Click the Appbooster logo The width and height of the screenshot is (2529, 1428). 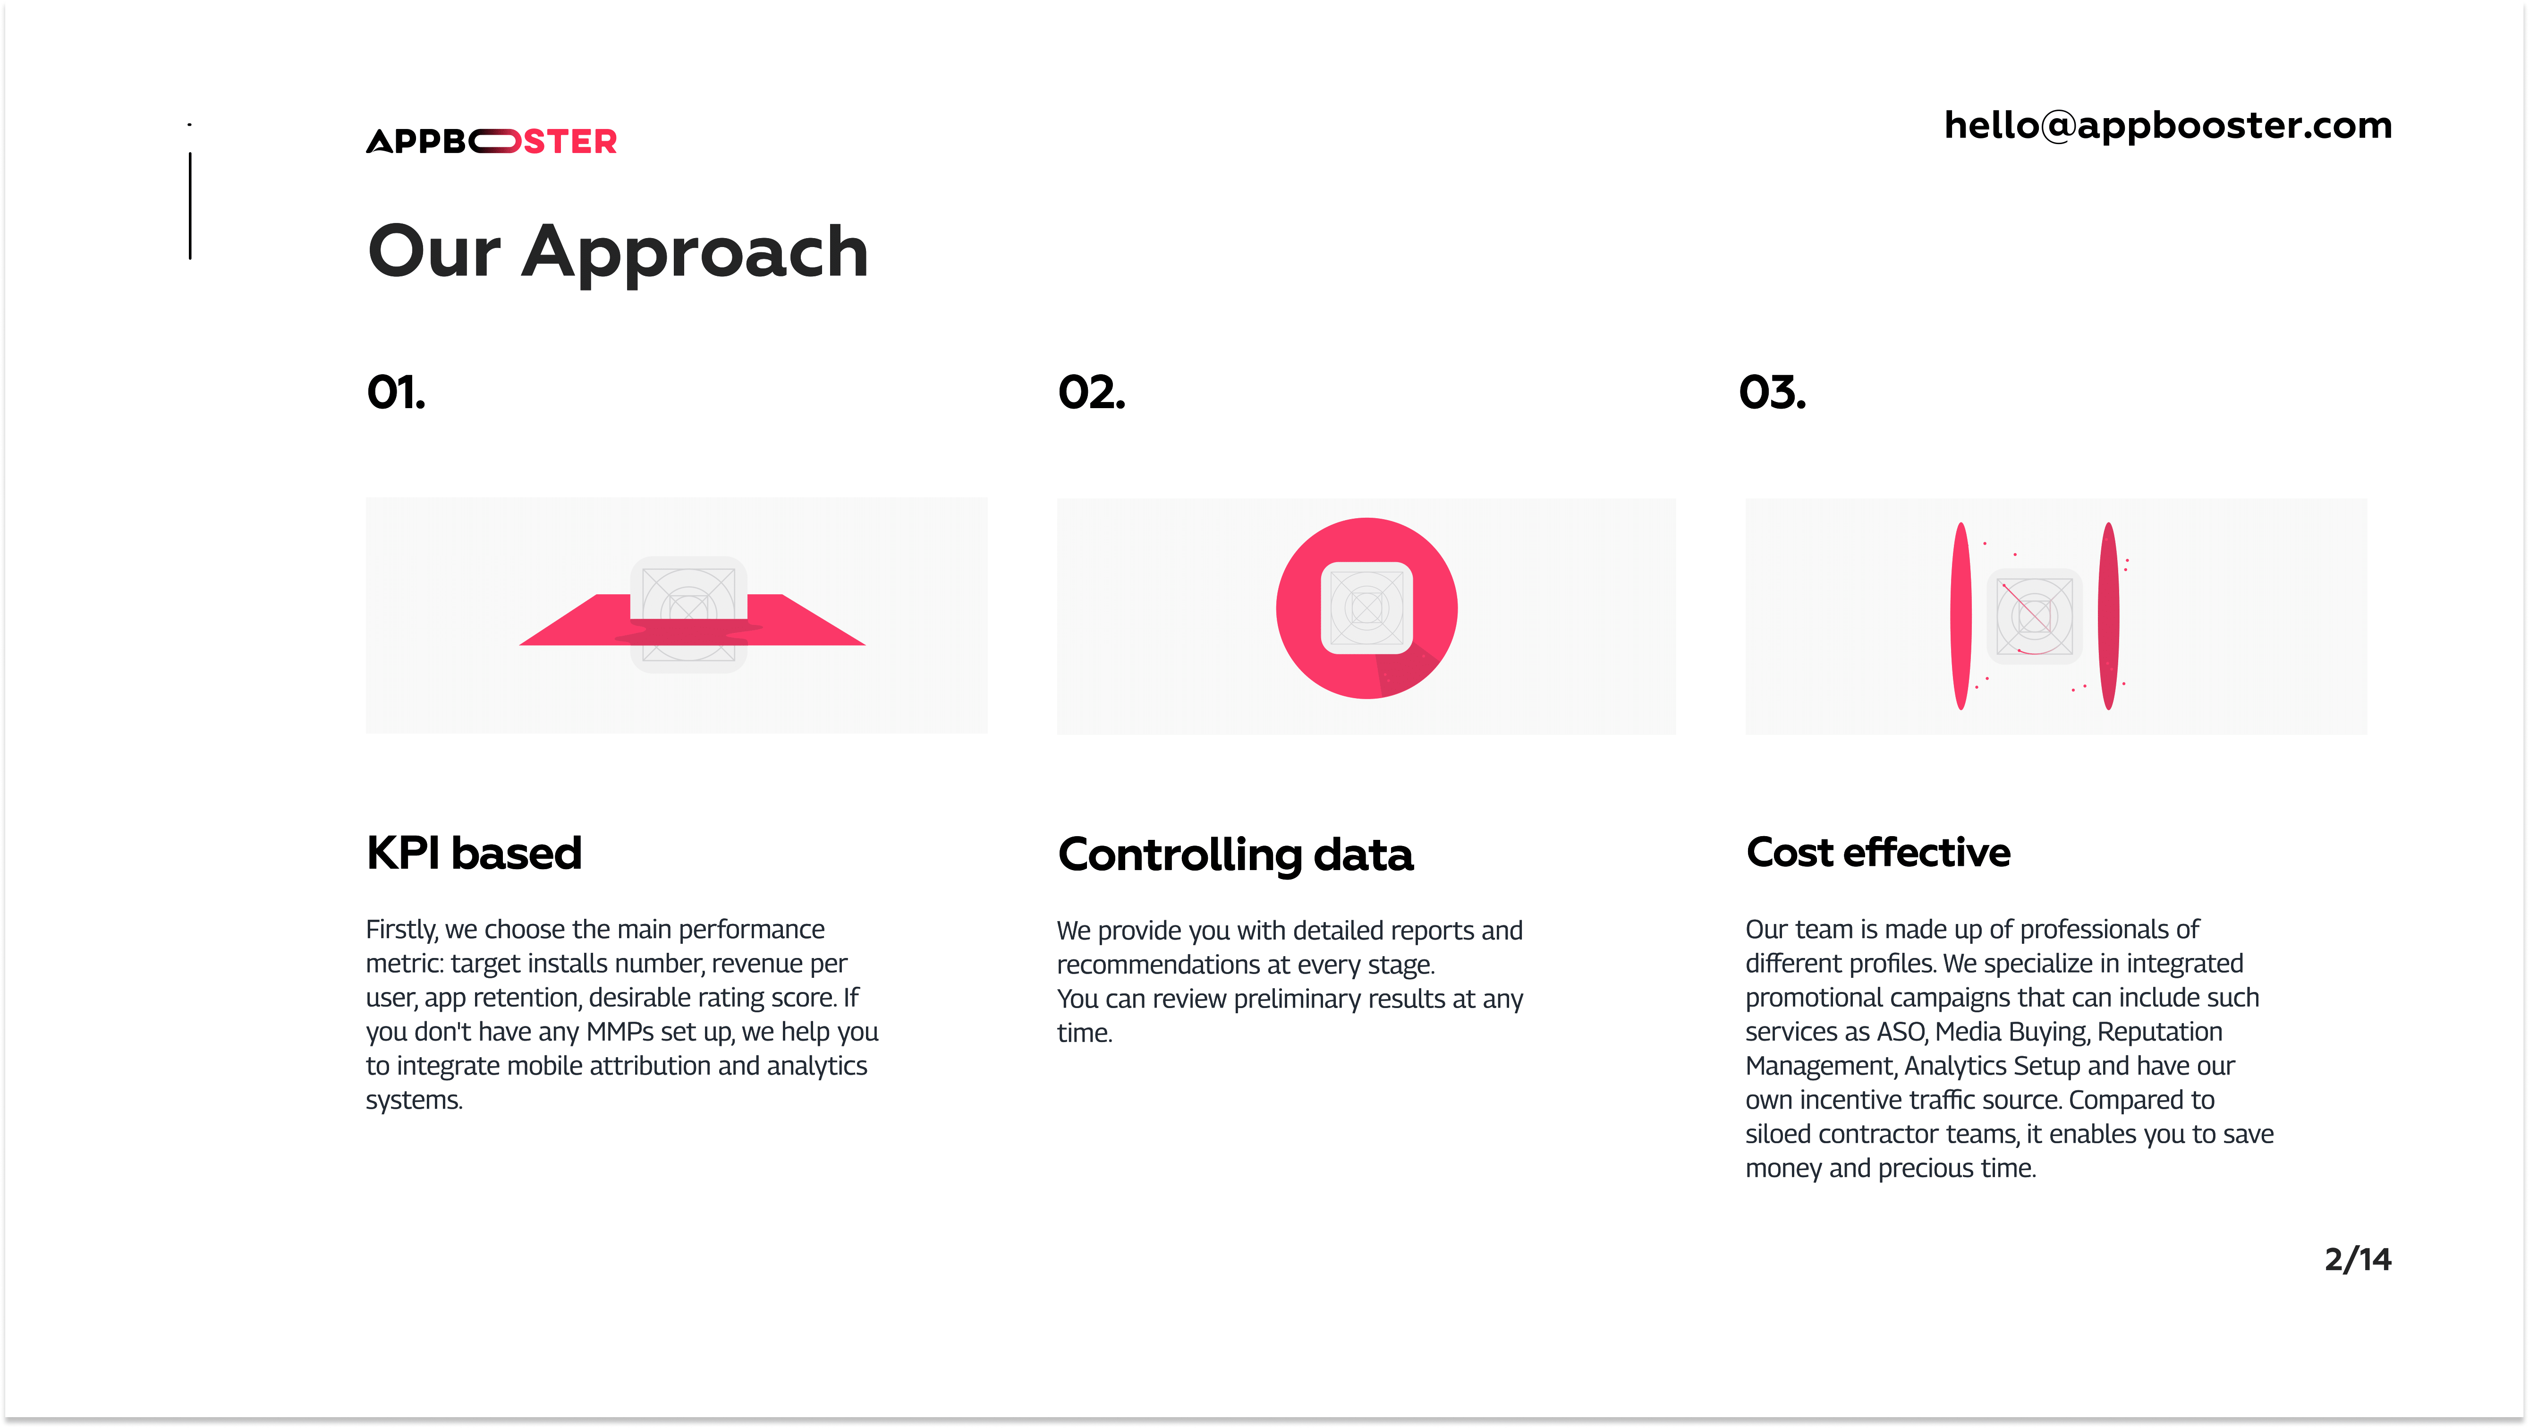tap(491, 141)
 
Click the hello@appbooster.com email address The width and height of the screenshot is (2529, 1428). tap(2168, 126)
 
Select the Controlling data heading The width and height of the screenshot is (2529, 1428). tap(1235, 855)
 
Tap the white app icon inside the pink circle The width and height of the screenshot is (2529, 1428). tap(1366, 608)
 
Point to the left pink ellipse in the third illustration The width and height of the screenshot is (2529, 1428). tap(1960, 616)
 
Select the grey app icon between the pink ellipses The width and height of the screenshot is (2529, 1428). tap(2034, 616)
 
